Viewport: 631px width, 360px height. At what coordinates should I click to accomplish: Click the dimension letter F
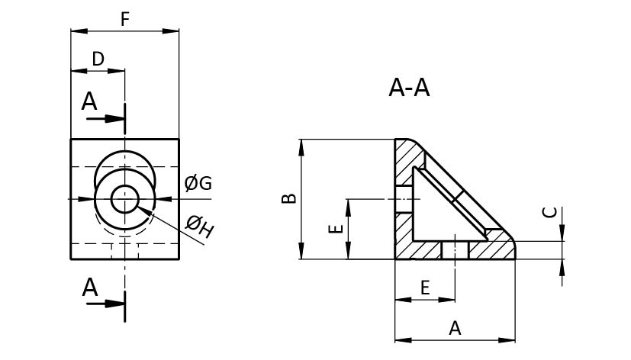[x=124, y=19]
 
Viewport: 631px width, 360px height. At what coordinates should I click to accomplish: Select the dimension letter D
[x=98, y=59]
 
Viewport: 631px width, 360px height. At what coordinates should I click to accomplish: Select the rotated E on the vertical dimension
[x=333, y=229]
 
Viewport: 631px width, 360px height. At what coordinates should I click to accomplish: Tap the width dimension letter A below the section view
[x=455, y=328]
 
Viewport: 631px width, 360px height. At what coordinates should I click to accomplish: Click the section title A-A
[x=409, y=89]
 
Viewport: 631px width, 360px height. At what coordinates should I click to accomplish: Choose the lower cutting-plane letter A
[x=90, y=288]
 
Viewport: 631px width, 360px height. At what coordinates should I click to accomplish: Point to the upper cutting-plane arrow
[x=107, y=119]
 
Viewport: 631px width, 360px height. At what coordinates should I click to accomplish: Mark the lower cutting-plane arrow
[x=107, y=304]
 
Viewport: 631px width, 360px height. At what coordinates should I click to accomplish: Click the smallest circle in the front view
[x=124, y=200]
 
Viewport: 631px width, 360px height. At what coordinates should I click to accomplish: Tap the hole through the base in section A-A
[x=455, y=249]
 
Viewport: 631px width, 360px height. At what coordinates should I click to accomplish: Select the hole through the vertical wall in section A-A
[x=404, y=200]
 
